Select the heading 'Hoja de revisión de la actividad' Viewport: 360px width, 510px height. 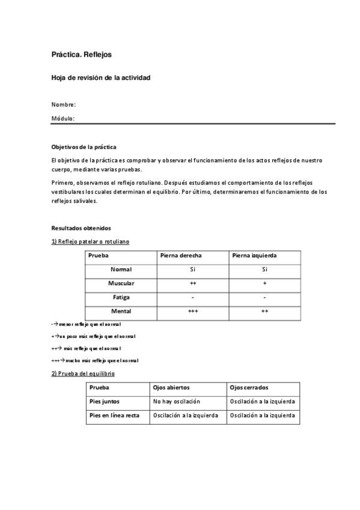[100, 78]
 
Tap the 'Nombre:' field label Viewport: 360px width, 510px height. [63, 105]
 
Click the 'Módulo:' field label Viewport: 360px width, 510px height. [63, 118]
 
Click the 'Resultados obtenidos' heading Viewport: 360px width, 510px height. [81, 228]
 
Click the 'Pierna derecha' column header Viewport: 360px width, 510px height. [181, 256]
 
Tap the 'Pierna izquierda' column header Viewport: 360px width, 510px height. [255, 256]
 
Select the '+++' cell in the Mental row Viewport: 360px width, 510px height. [193, 312]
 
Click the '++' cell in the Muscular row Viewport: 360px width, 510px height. [193, 283]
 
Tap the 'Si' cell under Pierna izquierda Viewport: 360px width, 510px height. [264, 269]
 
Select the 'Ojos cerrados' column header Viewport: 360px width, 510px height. [249, 388]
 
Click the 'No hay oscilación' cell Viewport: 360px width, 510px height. [177, 401]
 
